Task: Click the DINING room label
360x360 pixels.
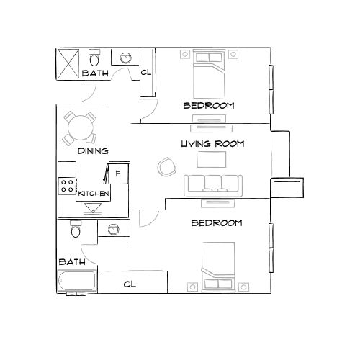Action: [x=93, y=151]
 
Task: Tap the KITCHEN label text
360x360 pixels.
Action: [x=94, y=194]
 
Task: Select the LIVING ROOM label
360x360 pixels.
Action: [x=212, y=144]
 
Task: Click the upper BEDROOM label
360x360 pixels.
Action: [x=209, y=106]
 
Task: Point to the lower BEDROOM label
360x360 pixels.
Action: [x=216, y=223]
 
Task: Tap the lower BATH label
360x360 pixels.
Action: [x=72, y=261]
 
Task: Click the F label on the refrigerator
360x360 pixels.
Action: [x=118, y=172]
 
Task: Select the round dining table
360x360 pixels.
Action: [x=78, y=129]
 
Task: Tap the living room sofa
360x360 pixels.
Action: [x=214, y=185]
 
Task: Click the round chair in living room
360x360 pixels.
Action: [x=166, y=167]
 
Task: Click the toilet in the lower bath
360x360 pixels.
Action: [x=75, y=230]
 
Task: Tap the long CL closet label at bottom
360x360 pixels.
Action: [x=130, y=284]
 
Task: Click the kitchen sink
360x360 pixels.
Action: [x=94, y=208]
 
